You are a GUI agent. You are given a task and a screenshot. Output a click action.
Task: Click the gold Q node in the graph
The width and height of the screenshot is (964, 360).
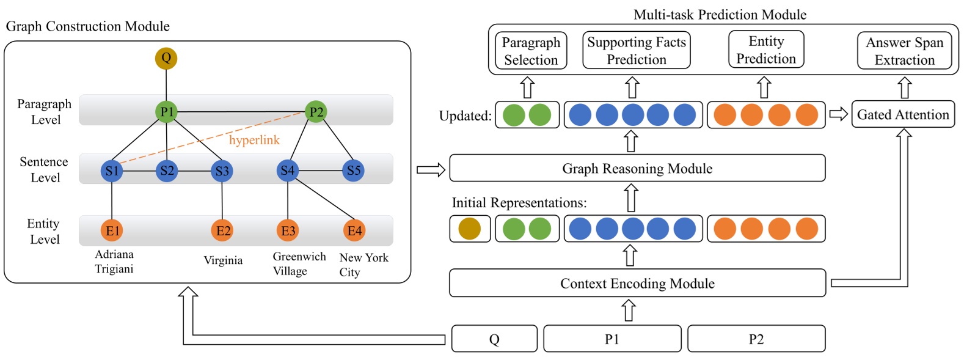click(166, 58)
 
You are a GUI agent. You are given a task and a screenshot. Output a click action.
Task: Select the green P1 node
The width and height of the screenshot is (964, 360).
click(167, 112)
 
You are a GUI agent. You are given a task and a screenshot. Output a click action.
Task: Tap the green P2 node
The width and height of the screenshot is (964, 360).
click(316, 112)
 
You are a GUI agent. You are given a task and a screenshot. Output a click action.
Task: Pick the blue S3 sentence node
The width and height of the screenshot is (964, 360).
click(222, 171)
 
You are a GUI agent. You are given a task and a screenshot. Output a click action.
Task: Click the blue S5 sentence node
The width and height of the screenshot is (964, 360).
click(354, 171)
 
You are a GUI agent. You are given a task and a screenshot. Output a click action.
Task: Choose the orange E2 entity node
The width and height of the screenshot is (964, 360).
click(223, 230)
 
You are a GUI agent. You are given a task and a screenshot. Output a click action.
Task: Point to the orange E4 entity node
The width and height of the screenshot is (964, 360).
click(354, 230)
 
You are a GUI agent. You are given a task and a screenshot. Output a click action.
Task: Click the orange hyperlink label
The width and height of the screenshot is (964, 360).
click(254, 140)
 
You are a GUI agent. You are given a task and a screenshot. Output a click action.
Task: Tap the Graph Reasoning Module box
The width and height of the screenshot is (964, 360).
click(637, 168)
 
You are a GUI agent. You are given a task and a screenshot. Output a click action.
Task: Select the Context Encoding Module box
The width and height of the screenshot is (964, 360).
click(637, 283)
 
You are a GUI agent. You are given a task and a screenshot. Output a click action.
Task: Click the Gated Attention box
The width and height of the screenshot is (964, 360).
click(902, 114)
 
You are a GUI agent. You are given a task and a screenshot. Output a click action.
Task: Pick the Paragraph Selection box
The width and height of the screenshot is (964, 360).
click(530, 51)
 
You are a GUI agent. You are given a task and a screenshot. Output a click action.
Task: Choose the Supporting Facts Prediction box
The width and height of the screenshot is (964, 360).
click(636, 51)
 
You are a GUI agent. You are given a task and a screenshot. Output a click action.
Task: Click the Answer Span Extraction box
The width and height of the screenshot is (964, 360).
click(904, 51)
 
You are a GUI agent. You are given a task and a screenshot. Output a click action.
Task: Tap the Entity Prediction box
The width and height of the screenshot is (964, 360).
click(766, 50)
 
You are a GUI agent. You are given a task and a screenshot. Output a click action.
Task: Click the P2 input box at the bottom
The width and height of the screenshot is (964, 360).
click(756, 339)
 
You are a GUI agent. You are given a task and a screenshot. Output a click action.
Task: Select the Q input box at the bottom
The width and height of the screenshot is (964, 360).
click(494, 339)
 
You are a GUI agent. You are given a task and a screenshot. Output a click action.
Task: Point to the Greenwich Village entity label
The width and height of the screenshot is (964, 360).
click(299, 263)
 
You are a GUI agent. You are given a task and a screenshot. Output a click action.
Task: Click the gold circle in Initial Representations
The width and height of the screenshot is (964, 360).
click(469, 229)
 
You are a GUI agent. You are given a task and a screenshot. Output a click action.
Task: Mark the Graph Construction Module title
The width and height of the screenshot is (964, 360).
click(87, 26)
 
